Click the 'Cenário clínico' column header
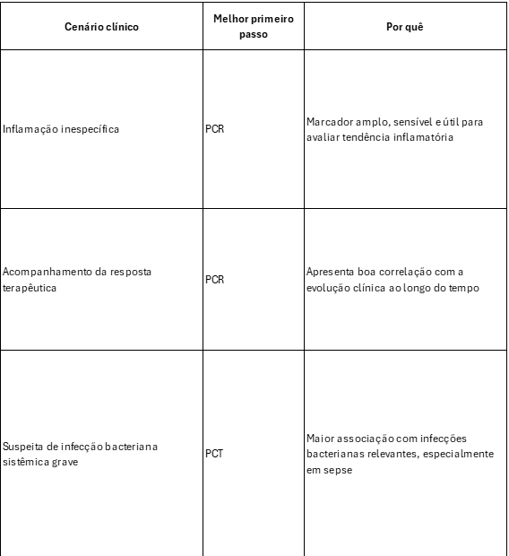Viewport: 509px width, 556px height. (x=101, y=26)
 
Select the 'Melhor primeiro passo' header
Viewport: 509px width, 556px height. (x=254, y=26)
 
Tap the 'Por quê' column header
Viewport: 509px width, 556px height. (x=404, y=26)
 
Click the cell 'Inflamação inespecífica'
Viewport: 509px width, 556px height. (x=61, y=129)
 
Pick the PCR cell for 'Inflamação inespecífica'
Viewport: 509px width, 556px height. (x=214, y=129)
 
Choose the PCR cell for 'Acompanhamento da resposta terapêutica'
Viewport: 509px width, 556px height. (x=214, y=280)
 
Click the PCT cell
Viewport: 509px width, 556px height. (x=214, y=454)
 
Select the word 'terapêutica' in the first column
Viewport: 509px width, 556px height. (x=29, y=288)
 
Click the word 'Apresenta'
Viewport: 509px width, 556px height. (x=331, y=272)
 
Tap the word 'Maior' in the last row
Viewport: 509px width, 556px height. (x=319, y=438)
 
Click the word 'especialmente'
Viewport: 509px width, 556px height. (x=463, y=454)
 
